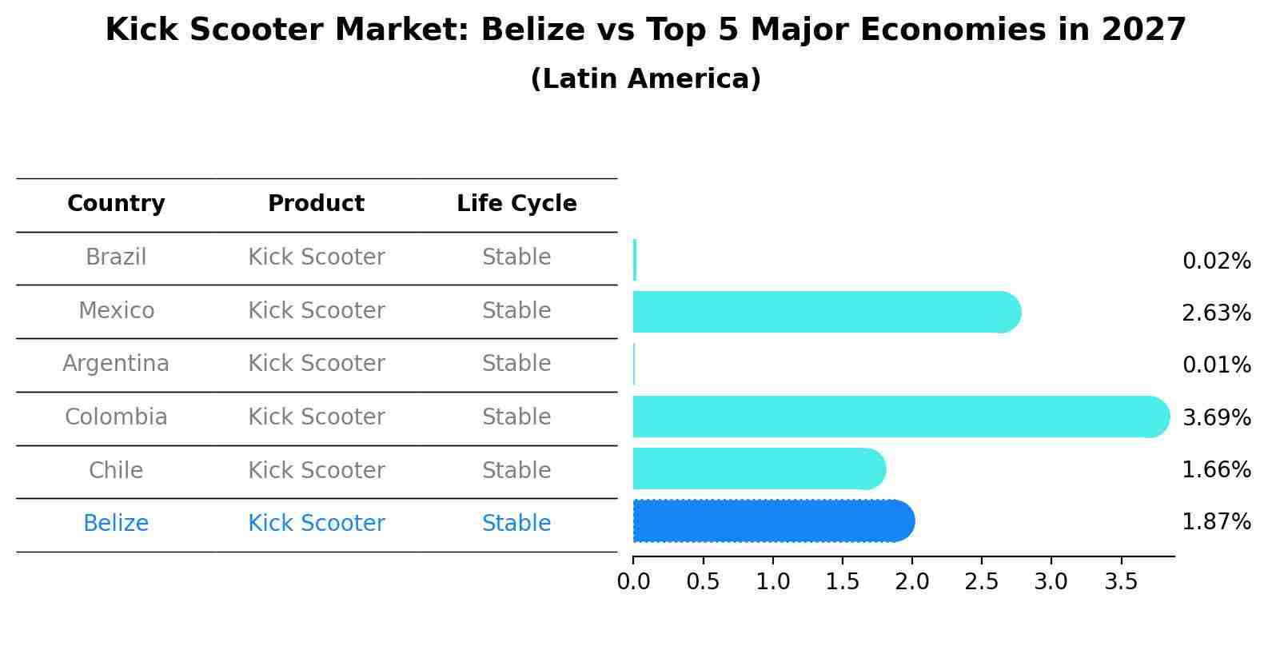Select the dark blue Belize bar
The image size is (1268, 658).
point(772,521)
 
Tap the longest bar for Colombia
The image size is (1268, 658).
point(900,417)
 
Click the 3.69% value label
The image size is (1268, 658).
point(1216,417)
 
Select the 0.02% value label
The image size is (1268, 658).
point(1216,261)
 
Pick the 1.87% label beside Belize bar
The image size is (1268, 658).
point(1216,522)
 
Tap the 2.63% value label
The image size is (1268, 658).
point(1216,313)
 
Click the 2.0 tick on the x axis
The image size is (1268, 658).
point(912,582)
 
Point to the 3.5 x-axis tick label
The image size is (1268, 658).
point(1121,582)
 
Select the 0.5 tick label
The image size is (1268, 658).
point(703,582)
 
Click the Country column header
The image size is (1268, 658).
point(116,204)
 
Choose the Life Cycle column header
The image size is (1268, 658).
point(516,204)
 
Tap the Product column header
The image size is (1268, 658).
point(316,204)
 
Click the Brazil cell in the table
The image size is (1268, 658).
point(116,257)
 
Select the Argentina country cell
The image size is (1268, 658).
point(116,364)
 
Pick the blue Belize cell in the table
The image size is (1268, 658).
point(116,524)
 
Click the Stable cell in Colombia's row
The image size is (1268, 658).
point(516,417)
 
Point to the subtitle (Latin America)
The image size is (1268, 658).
point(645,79)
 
